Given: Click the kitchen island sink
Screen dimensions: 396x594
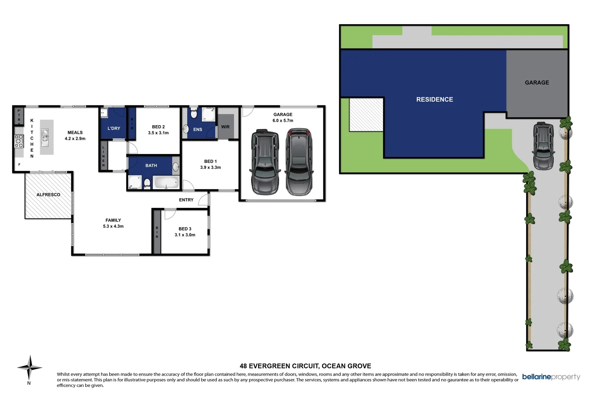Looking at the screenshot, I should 45,135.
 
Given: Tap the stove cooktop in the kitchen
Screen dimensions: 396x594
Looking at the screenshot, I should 19,141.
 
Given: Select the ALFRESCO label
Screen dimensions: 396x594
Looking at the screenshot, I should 48,194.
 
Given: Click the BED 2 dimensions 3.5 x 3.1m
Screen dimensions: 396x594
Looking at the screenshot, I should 158,133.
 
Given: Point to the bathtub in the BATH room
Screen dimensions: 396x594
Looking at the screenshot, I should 166,183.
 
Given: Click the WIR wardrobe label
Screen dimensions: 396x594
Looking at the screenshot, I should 225,127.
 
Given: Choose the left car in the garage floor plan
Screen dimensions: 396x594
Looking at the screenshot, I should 265,162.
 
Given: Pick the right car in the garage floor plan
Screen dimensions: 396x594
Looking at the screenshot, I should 299,162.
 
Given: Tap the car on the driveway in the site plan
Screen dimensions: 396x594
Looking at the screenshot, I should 543,146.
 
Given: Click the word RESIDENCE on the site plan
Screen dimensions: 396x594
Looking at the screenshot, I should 434,99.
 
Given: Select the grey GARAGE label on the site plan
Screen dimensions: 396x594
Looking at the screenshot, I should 537,83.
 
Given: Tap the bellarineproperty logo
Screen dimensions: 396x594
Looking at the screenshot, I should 551,377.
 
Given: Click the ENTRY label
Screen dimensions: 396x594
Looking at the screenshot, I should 186,200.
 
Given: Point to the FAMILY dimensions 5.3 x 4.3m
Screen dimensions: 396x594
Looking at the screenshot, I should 113,226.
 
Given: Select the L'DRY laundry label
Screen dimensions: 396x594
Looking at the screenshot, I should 114,128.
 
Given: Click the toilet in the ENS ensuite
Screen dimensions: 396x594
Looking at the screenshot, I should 194,113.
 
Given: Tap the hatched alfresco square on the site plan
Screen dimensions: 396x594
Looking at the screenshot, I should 366,114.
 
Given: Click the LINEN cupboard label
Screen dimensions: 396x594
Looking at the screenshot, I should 104,156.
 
